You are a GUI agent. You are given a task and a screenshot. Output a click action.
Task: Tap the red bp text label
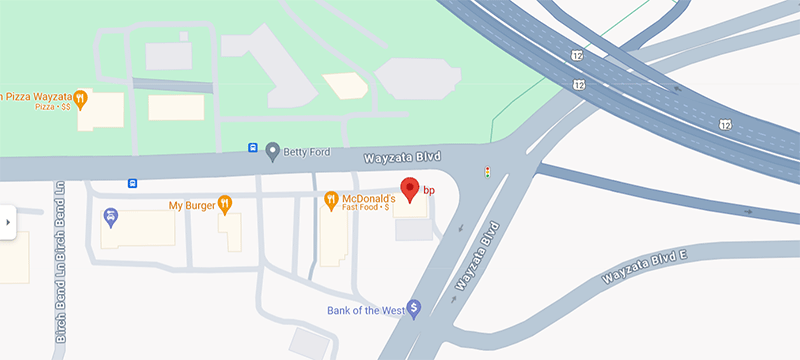429,189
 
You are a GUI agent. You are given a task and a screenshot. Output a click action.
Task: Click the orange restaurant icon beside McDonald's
332,201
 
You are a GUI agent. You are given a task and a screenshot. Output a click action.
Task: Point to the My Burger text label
190,205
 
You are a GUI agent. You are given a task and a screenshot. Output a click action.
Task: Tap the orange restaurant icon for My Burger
225,204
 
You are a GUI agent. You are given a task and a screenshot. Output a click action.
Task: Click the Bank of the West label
365,310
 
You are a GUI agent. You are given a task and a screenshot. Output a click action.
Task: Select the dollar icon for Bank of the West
414,309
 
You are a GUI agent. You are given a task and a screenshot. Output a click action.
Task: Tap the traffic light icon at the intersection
487,173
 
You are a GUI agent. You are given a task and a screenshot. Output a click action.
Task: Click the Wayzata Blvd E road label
646,268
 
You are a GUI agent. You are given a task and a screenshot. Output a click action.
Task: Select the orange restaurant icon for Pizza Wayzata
81,99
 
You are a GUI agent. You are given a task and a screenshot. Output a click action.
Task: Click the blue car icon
110,215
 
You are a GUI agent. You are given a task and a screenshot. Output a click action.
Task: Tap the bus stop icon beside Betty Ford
253,149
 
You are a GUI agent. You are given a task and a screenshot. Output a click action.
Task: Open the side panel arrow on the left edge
7,222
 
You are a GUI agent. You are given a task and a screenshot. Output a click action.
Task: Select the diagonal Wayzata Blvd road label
476,256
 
